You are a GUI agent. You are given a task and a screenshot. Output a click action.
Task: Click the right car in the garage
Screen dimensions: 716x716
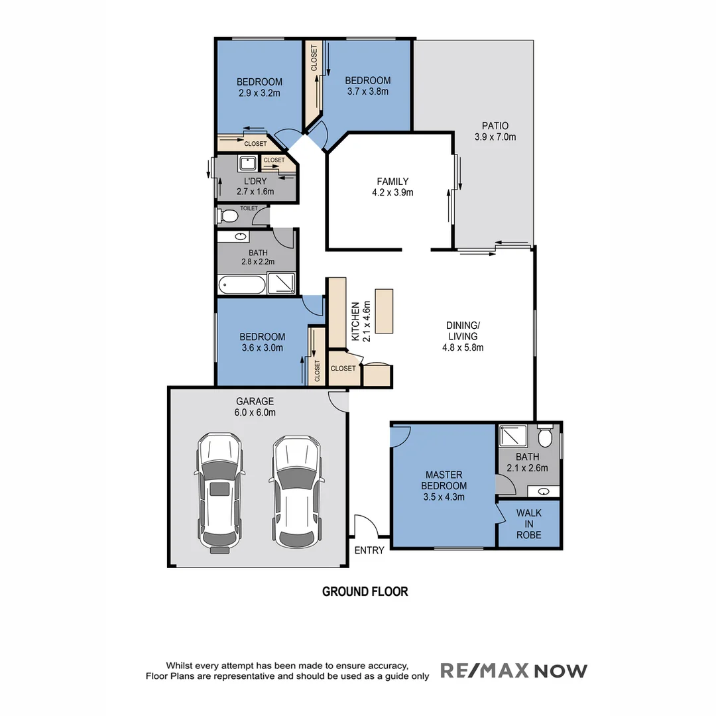coord(296,491)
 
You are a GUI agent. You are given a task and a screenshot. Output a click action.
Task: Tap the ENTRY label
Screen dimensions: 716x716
coord(369,550)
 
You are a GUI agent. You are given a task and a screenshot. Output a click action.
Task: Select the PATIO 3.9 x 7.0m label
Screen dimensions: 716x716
coord(495,131)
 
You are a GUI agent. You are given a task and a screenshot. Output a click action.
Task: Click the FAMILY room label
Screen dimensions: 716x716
coord(392,187)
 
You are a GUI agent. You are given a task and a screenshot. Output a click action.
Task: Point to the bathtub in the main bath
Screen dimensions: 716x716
coord(242,286)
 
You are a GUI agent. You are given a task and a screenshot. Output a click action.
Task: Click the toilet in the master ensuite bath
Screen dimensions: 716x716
coord(545,437)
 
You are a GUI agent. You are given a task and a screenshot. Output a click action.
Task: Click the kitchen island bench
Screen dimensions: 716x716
coord(385,311)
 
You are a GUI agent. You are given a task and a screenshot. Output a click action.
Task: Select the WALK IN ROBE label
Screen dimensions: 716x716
coord(529,524)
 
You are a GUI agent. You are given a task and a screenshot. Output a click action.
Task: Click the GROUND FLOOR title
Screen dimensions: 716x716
coord(365,591)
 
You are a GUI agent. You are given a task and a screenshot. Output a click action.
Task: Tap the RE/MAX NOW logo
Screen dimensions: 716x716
coord(514,671)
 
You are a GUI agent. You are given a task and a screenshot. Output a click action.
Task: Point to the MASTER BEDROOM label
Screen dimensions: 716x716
coord(444,485)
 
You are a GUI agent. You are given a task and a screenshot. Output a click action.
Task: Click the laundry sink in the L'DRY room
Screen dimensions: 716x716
coord(249,162)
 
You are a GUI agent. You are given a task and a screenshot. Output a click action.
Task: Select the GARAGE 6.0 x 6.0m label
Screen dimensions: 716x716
coord(255,406)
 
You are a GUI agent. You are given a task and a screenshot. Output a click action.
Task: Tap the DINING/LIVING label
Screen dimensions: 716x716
coord(462,336)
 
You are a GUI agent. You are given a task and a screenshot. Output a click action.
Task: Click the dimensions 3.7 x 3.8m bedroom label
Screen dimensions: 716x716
coord(367,91)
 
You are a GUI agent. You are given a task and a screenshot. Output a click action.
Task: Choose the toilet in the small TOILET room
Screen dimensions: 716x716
coord(229,216)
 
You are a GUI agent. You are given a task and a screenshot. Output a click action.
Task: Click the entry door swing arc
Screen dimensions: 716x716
coord(367,525)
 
